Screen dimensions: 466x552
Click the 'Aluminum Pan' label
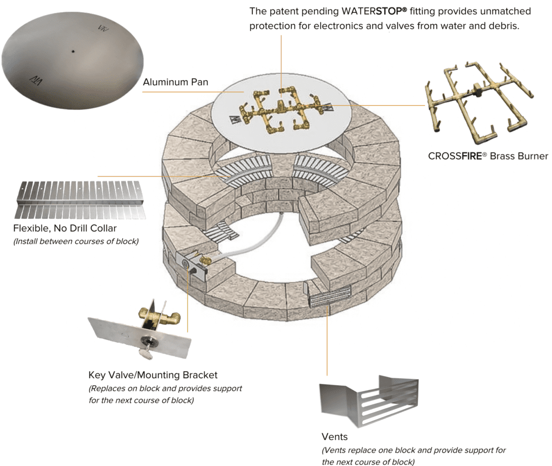[x=175, y=82]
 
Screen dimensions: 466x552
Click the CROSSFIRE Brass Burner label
[x=488, y=156]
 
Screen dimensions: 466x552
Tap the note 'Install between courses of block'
[x=75, y=241]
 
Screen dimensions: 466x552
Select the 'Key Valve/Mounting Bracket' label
[x=153, y=375]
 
